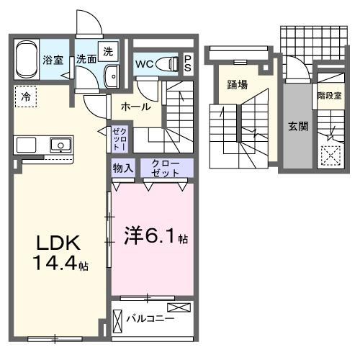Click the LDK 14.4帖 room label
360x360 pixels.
click(x=58, y=251)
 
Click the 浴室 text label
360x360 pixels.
click(x=53, y=60)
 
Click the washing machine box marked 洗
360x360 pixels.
click(x=107, y=52)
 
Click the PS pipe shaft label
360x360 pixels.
click(x=188, y=63)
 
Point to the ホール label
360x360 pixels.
click(x=135, y=107)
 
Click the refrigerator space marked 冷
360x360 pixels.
click(x=26, y=95)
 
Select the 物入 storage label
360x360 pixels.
click(x=122, y=168)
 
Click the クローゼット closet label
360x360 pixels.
click(x=166, y=168)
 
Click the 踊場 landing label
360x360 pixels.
click(x=237, y=84)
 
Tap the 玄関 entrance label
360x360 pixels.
click(x=298, y=126)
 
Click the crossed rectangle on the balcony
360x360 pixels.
click(x=180, y=308)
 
